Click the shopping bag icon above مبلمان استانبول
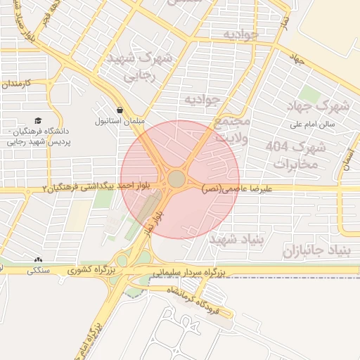(x=121, y=110)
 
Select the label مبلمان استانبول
(x=120, y=121)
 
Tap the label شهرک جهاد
(x=323, y=106)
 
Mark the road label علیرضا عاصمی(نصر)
(x=232, y=188)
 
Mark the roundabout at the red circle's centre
(x=176, y=180)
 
